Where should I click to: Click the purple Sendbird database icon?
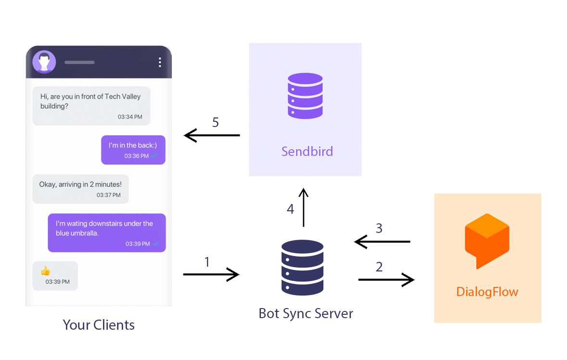(x=305, y=95)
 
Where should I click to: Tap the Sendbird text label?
(x=307, y=152)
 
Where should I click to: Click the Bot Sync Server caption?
(x=306, y=313)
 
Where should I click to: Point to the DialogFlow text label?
(x=487, y=292)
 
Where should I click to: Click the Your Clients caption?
(x=99, y=325)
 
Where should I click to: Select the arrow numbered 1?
(x=211, y=274)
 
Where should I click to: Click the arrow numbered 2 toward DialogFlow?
(x=386, y=279)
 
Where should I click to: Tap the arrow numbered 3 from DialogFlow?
(x=382, y=242)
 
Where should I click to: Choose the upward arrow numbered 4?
(x=303, y=207)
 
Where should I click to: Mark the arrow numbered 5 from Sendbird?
(x=212, y=136)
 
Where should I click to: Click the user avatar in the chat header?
(x=44, y=62)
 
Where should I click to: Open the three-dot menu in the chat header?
(x=160, y=62)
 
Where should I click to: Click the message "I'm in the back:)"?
(x=133, y=149)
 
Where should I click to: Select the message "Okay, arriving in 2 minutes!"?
(x=80, y=189)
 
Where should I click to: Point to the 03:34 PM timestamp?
(x=130, y=117)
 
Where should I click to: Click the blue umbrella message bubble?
(x=106, y=232)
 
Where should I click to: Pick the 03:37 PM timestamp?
(x=108, y=195)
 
